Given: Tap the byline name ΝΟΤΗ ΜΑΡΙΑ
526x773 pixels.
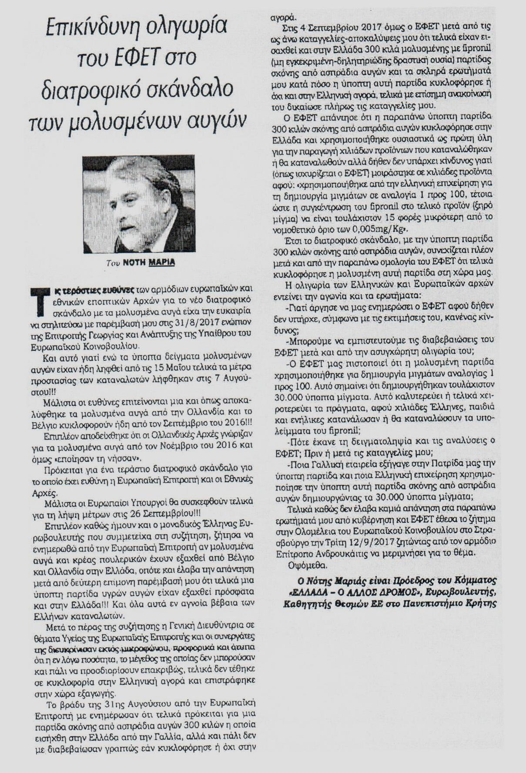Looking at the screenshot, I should click(x=148, y=262).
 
